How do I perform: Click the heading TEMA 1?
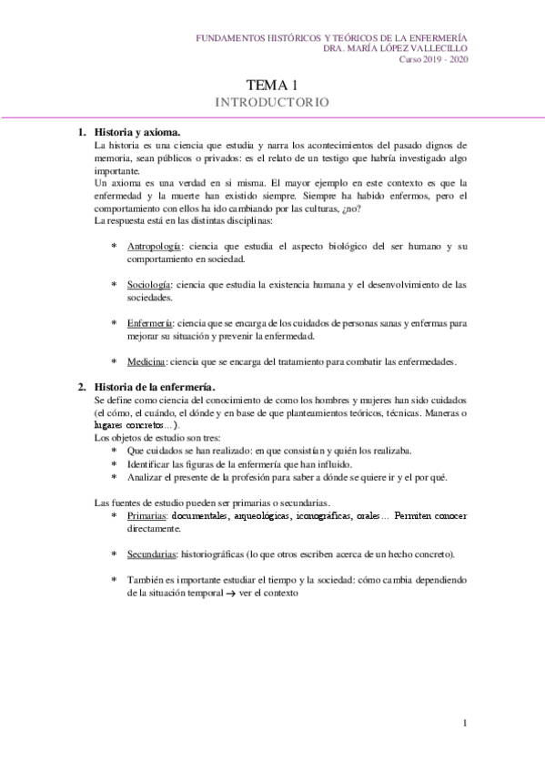point(272,83)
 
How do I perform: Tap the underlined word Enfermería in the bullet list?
point(150,323)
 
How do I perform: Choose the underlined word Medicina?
point(146,361)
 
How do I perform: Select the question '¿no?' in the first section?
point(346,208)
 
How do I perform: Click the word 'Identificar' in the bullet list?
point(150,463)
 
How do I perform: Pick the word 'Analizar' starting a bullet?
point(146,476)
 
